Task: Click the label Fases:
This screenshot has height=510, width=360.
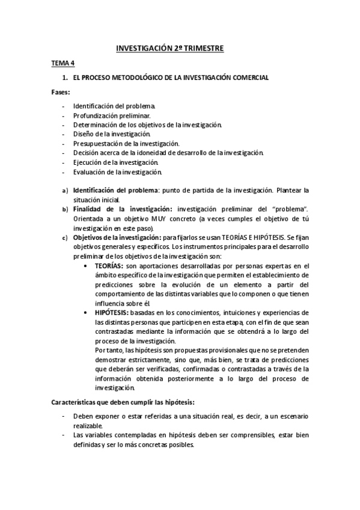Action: (60, 93)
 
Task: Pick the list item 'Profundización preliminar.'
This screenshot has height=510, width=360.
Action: (112, 115)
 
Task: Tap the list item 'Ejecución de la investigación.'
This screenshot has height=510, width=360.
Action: (115, 162)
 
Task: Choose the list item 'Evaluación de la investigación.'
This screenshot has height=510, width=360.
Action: (118, 172)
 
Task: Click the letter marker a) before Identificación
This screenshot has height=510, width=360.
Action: (65, 191)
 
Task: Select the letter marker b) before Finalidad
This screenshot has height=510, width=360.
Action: (65, 210)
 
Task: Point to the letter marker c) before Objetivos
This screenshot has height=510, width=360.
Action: (65, 238)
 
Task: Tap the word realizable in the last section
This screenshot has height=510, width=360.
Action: (90, 425)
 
